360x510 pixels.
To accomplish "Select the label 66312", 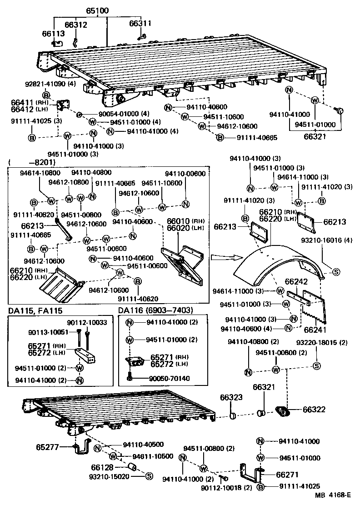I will (75, 25).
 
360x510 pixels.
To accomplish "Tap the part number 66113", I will (54, 33).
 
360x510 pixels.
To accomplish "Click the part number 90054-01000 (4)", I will (117, 114).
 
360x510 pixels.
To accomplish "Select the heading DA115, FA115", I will (35, 310).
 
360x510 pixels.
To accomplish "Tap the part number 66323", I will (231, 397).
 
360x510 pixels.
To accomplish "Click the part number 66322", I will (314, 410).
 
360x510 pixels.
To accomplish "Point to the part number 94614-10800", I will (39, 173).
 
